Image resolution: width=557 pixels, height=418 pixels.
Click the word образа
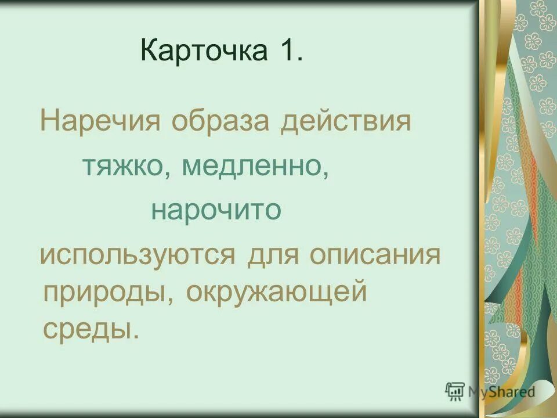(x=221, y=122)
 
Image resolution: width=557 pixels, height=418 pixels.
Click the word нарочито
(x=216, y=210)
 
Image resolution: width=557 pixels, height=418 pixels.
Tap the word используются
(x=137, y=256)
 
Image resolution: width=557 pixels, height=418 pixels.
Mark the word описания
(x=375, y=255)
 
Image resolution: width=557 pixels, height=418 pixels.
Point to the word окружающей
(x=277, y=293)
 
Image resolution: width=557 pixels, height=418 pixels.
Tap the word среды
(x=88, y=330)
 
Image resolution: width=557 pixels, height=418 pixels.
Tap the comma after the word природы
(x=173, y=302)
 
